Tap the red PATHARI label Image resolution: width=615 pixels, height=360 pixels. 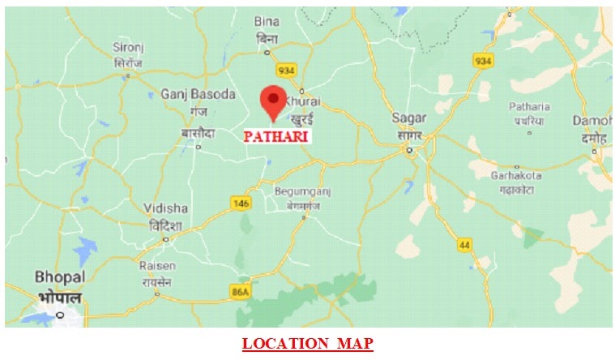275,137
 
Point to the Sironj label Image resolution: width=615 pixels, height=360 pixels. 127,49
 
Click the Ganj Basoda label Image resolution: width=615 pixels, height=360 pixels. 198,93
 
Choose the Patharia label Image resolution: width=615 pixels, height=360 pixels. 529,107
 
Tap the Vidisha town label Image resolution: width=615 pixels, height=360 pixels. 165,208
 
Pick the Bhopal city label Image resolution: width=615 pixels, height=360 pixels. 60,277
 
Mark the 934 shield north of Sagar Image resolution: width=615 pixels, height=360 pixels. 483,62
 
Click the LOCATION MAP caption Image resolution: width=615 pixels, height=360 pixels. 307,344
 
